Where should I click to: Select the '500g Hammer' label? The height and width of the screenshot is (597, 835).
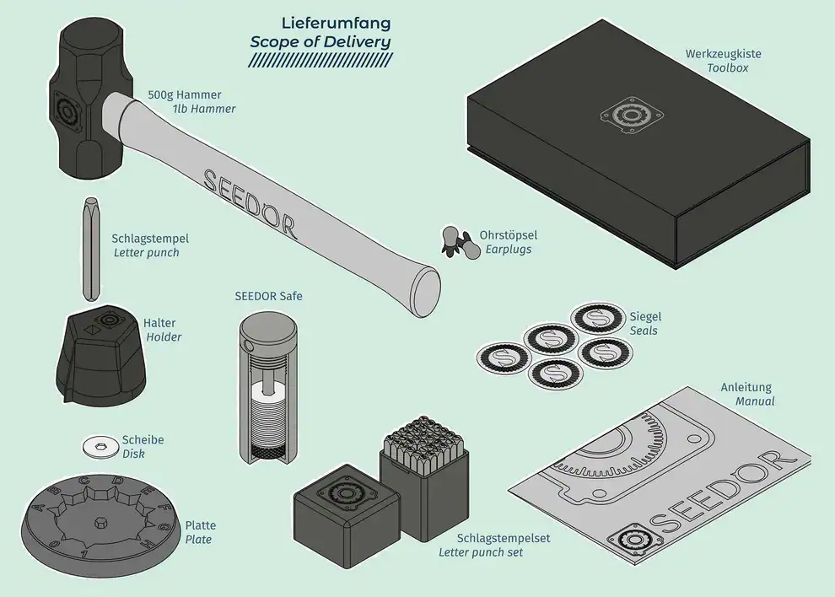pos(191,94)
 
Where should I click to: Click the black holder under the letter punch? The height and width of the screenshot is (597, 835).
pos(96,358)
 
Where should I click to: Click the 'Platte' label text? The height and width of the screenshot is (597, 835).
pos(200,525)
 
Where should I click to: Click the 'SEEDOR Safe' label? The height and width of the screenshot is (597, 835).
pos(268,297)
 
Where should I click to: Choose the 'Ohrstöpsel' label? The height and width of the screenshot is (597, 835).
pos(508,235)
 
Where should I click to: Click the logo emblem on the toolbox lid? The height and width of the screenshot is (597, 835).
pos(630,117)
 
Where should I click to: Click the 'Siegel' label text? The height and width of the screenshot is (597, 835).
pos(645,316)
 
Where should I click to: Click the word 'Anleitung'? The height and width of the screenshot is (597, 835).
pos(746,387)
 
